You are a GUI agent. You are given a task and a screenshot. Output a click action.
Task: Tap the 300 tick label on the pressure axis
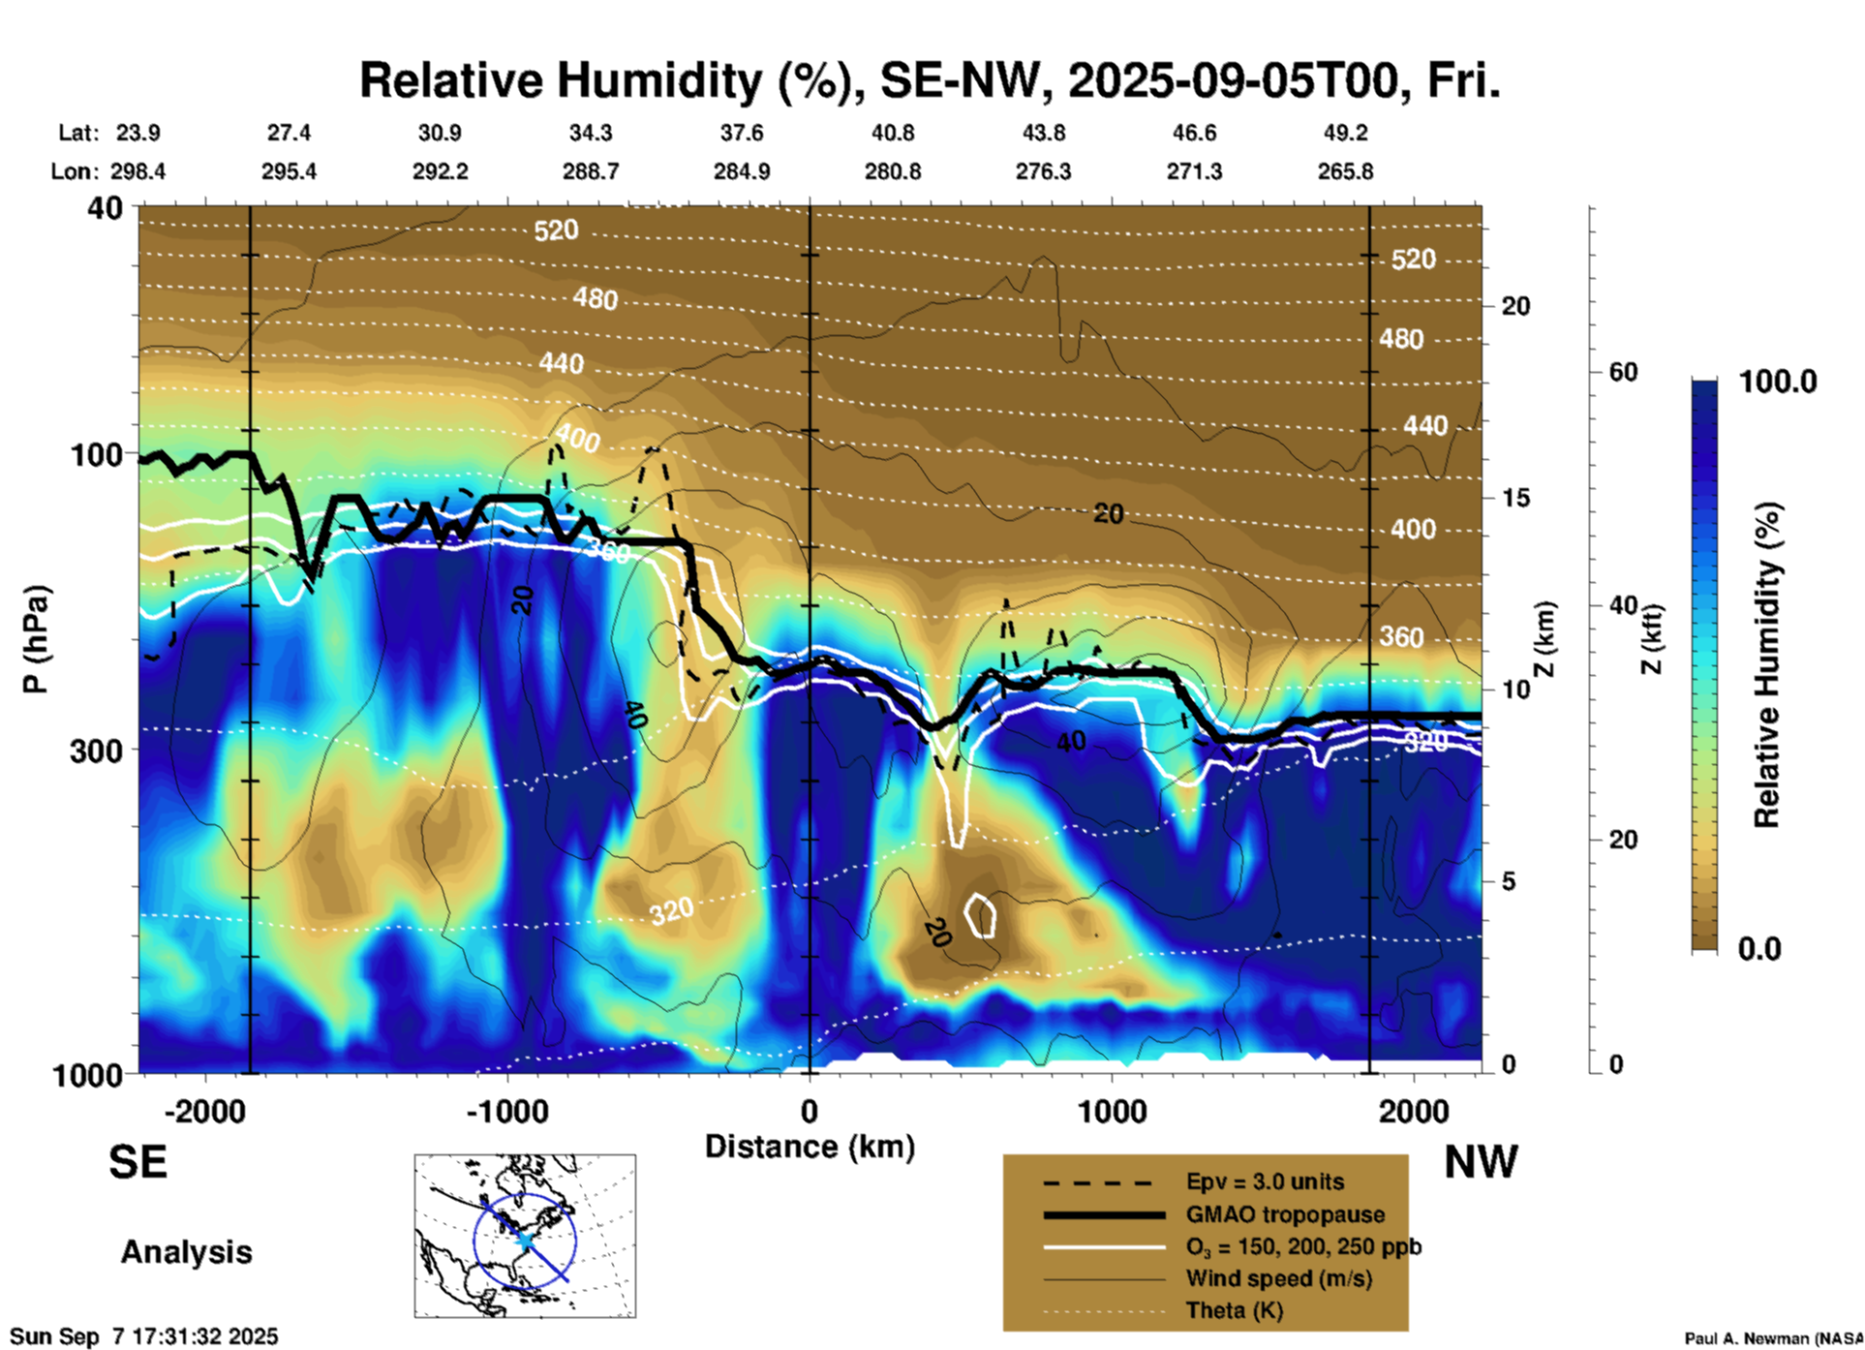tap(96, 751)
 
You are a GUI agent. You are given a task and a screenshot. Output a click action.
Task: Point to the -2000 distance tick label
tap(205, 1111)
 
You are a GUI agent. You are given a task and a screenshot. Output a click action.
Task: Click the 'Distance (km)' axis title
tap(810, 1147)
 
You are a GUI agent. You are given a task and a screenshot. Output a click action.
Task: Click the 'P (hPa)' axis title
tap(36, 639)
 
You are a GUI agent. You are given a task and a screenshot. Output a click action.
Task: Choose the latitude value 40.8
tap(892, 133)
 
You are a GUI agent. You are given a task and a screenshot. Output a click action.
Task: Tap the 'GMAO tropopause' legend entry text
tap(1285, 1214)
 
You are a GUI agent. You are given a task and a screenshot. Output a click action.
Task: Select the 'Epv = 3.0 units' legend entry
tap(1265, 1181)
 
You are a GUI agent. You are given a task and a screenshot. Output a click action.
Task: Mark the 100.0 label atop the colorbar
tap(1778, 382)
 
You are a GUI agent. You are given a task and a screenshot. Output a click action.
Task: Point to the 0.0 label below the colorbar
tap(1759, 948)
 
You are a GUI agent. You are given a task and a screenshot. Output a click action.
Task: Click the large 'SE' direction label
tap(138, 1162)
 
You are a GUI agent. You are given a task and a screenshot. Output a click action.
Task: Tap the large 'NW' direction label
tap(1481, 1162)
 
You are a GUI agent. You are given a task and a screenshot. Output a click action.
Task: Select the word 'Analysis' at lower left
tap(186, 1252)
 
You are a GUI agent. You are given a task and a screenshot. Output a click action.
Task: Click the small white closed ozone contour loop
tap(982, 915)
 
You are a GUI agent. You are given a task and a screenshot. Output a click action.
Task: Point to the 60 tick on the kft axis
tap(1623, 372)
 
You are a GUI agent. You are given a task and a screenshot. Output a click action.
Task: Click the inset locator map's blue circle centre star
tap(524, 1239)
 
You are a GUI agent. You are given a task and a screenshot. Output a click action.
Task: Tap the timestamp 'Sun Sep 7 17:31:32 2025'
tap(145, 1336)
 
